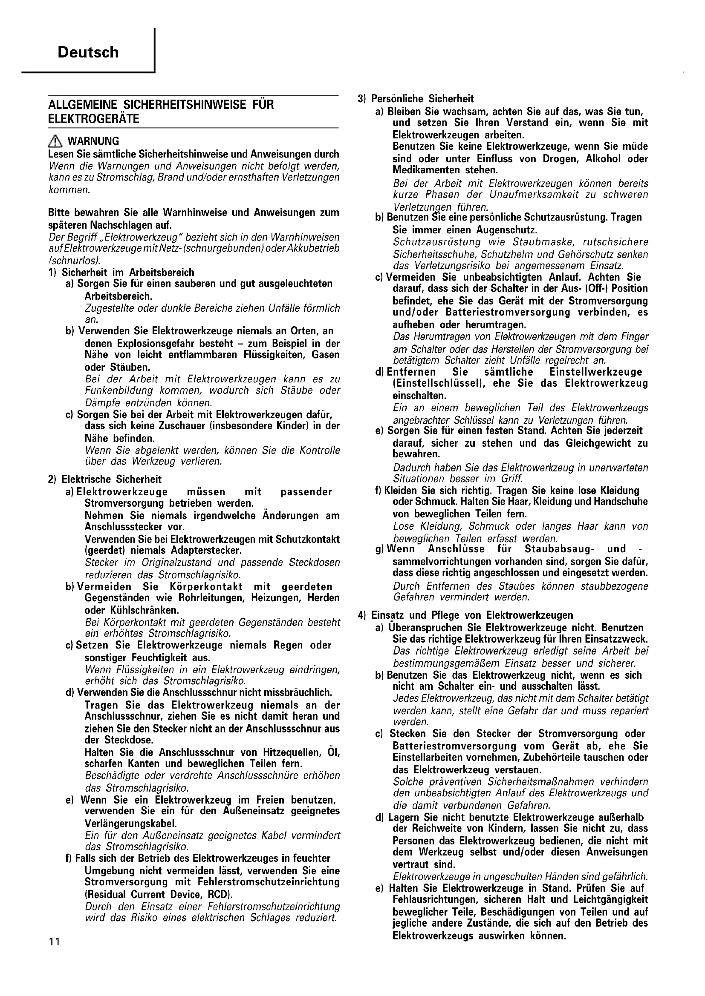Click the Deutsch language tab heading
88,52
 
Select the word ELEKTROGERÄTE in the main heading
93,119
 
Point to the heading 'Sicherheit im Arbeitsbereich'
127,273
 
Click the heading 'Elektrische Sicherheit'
112,479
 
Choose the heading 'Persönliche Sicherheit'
422,98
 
